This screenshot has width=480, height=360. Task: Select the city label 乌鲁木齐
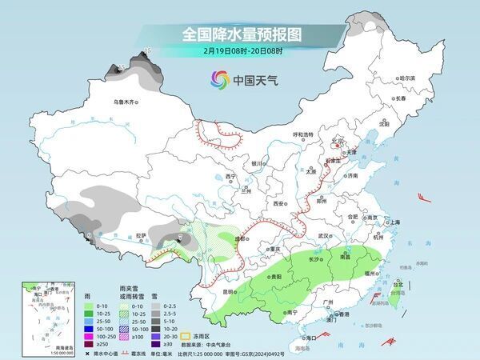click(126, 102)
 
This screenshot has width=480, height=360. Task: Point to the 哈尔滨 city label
click(407, 78)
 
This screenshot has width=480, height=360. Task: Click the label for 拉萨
click(141, 235)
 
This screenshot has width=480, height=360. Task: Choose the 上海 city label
click(394, 222)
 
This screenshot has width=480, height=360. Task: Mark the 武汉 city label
click(323, 236)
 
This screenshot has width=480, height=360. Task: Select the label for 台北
click(398, 283)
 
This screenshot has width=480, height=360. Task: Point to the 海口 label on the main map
click(310, 338)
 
